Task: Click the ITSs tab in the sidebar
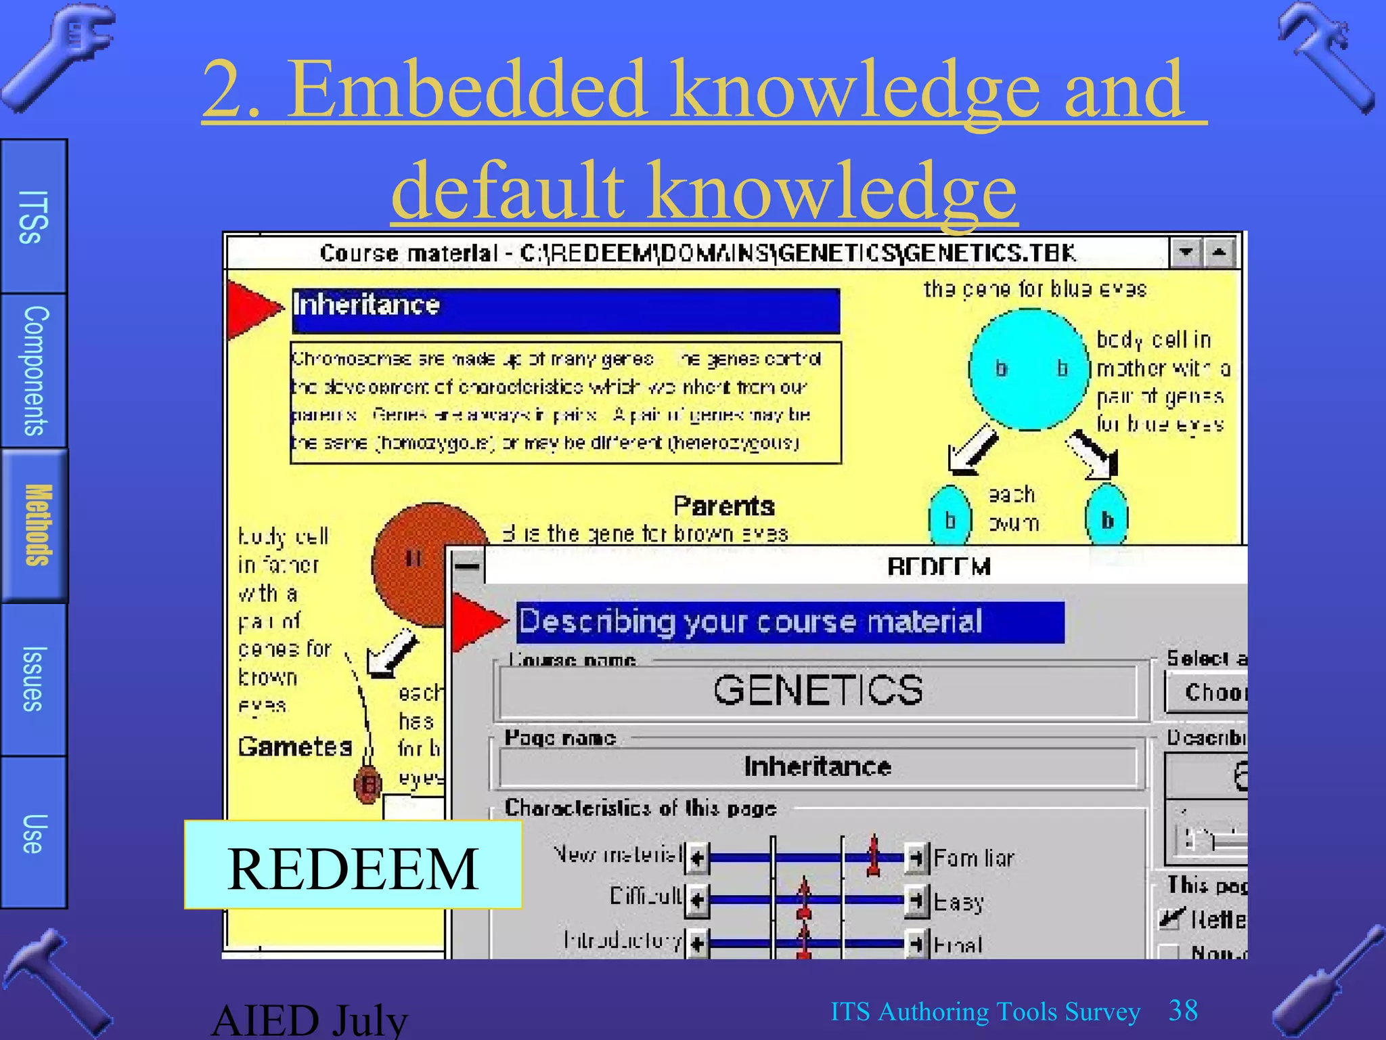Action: [33, 217]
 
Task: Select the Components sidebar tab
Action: [34, 370]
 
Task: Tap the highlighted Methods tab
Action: [35, 525]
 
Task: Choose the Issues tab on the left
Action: [33, 679]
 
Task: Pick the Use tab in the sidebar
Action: [33, 833]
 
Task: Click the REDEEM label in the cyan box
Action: [353, 869]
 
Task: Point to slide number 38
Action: [1183, 1010]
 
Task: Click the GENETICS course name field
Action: [818, 691]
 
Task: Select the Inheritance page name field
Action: [818, 766]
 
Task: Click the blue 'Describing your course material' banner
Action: [789, 622]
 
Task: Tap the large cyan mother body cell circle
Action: [1029, 370]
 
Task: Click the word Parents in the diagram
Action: [723, 506]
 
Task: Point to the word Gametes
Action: [295, 746]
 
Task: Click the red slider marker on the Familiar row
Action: [874, 856]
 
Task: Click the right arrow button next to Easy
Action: [916, 901]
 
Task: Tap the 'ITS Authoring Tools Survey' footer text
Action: [985, 1012]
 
